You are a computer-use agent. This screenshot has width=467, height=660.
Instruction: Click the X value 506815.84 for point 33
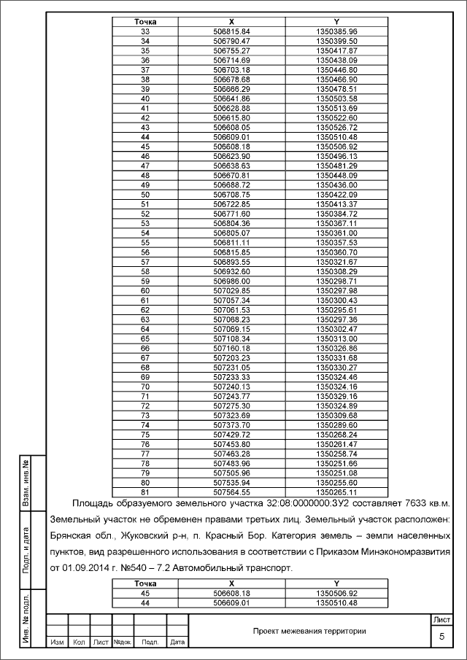[231, 31]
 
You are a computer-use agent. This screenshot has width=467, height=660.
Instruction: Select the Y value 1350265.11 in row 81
[336, 492]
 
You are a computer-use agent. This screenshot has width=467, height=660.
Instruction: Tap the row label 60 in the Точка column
[144, 290]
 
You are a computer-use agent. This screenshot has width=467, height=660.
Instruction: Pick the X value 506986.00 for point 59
[231, 281]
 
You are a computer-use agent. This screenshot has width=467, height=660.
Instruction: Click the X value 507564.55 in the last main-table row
[231, 492]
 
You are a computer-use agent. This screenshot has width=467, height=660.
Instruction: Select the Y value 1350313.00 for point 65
[336, 338]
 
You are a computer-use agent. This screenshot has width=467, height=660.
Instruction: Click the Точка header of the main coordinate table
[144, 22]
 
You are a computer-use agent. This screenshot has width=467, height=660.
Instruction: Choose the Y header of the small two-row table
[336, 583]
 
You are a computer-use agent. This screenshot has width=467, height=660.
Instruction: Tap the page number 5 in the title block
[441, 637]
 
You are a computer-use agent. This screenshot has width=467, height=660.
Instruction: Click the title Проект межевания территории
[309, 631]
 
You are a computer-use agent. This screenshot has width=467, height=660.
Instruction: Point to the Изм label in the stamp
[56, 642]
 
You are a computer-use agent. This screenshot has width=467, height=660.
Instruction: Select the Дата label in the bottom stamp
[177, 642]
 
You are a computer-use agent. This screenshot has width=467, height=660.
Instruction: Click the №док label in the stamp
[122, 642]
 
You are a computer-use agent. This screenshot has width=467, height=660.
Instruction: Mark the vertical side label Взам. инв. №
[26, 484]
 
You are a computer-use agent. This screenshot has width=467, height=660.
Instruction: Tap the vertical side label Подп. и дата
[26, 548]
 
